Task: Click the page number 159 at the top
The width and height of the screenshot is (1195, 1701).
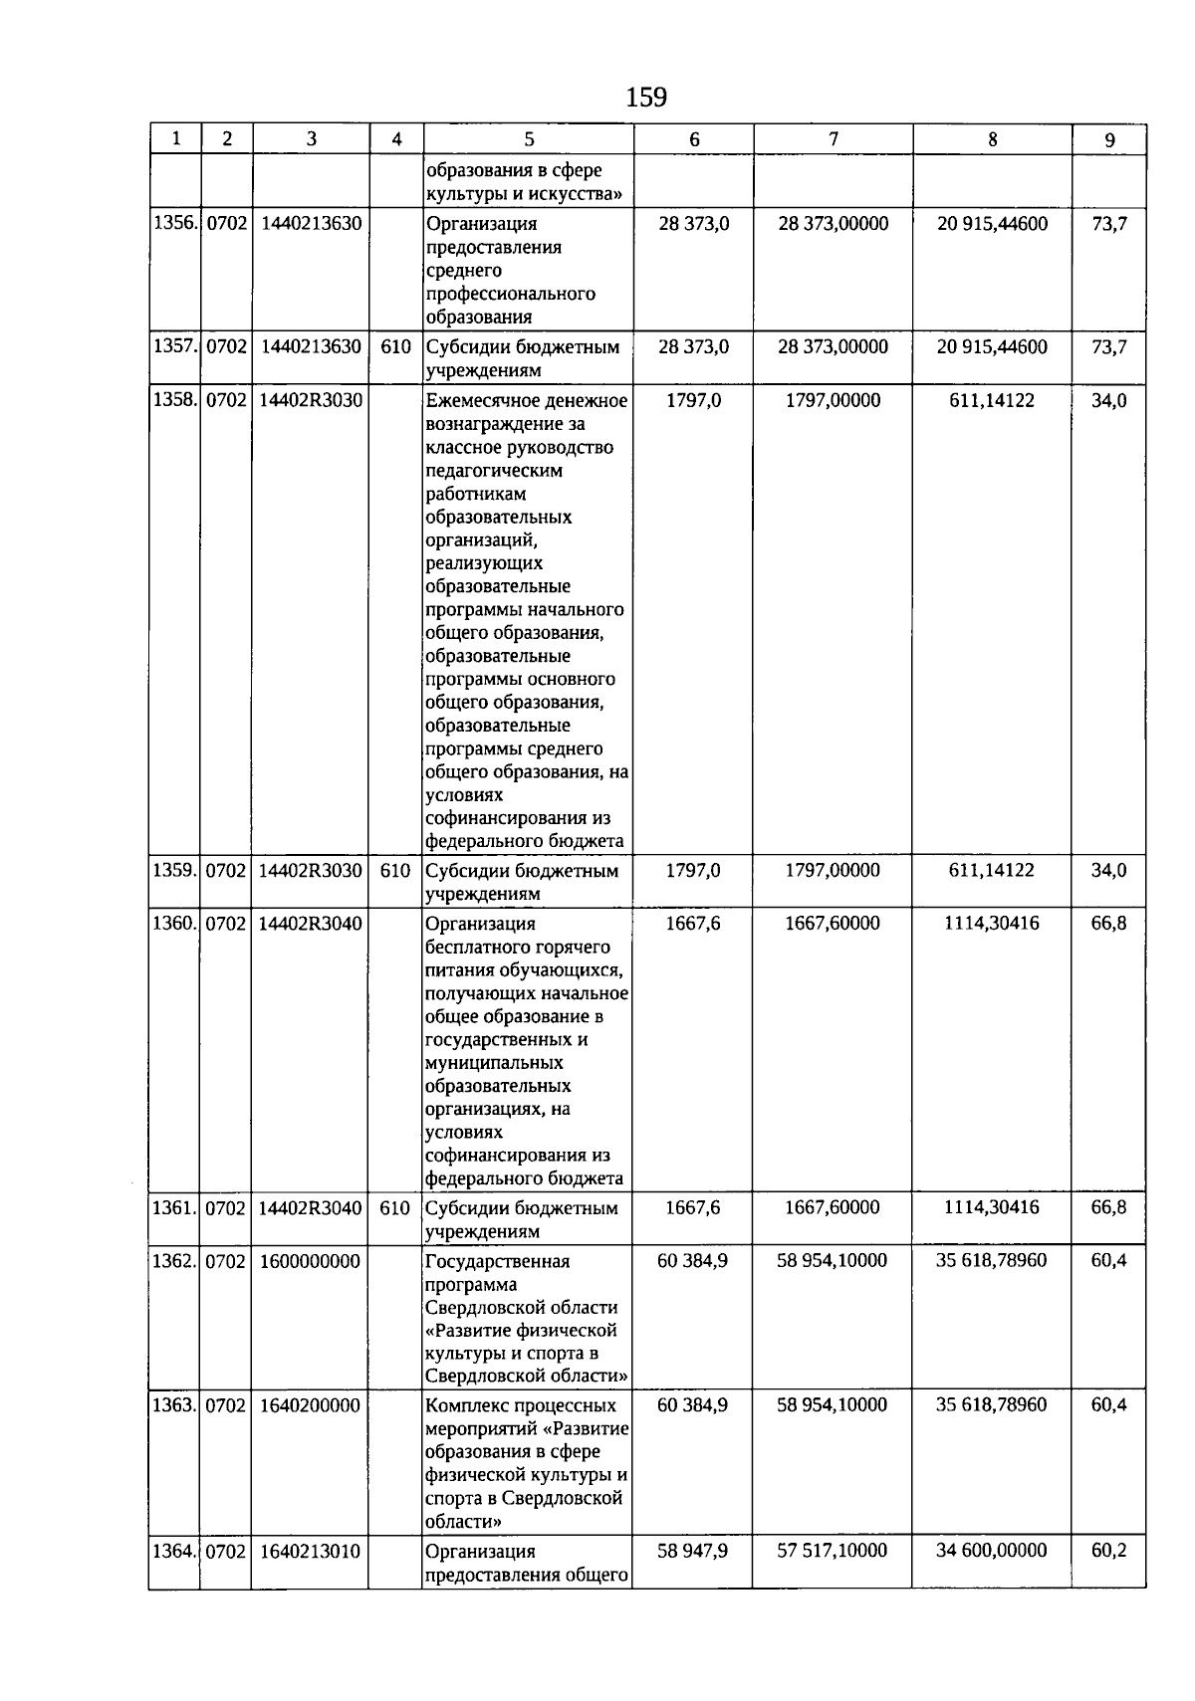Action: coord(645,98)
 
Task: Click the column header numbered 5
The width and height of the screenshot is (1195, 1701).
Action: coord(529,140)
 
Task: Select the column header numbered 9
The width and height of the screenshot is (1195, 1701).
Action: coord(1109,140)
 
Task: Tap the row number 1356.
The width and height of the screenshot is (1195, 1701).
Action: coord(174,224)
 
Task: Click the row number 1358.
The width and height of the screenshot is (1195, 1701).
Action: coord(174,400)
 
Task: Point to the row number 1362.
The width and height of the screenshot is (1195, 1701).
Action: coord(174,1261)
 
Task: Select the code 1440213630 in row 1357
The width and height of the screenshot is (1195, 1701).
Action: coord(311,346)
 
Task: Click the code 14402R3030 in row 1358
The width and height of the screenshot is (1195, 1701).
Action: coord(311,400)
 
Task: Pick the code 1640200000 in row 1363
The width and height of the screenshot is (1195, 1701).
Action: coord(311,1405)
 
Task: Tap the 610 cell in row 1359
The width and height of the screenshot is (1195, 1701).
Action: coord(395,871)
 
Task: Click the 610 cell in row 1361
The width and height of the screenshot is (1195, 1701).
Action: coord(395,1208)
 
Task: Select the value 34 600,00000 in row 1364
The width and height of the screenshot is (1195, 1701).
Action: coord(992,1551)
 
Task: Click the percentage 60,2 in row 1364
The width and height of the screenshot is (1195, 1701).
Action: coord(1109,1551)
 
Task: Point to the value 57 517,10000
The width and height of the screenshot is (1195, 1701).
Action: coord(833,1551)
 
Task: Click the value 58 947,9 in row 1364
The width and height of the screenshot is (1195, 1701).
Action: coord(693,1551)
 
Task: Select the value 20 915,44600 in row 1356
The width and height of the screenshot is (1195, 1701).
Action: coord(992,224)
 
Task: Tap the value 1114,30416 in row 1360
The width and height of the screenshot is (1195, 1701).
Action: coord(992,924)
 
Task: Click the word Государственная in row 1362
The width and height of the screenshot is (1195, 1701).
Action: coord(497,1262)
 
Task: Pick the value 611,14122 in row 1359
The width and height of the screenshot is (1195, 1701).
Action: coord(992,871)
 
